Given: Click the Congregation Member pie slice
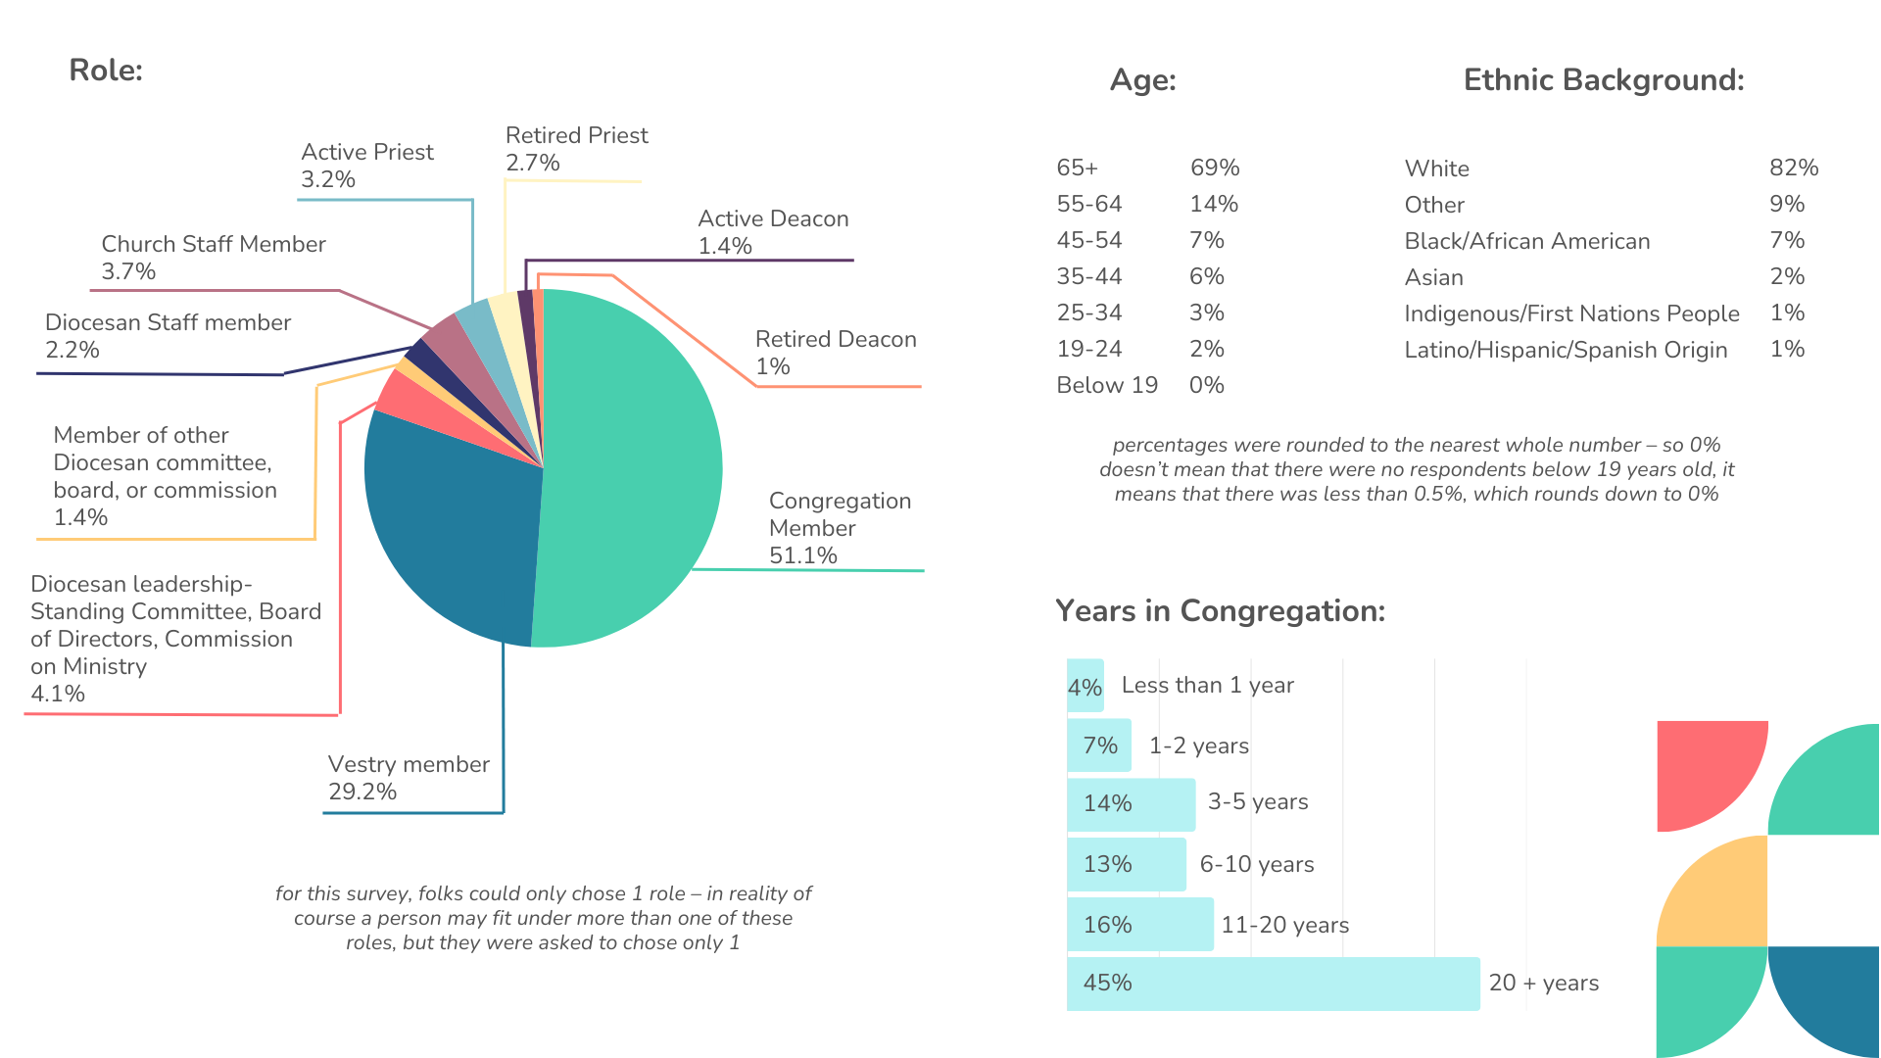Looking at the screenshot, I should coord(627,470).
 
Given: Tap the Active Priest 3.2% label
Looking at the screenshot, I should coord(366,166).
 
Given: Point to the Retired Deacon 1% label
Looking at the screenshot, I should coord(835,353).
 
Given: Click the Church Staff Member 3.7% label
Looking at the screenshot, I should coord(213,258).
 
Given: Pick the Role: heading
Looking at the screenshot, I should coord(106,71).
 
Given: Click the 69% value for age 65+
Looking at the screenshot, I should coord(1215,168).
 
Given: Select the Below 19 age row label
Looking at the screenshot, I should coord(1106,385).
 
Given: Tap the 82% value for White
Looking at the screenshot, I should coord(1793,168).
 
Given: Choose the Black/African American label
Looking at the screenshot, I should coord(1526,241).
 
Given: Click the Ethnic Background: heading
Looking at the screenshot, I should coord(1603,80).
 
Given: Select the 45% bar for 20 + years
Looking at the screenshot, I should coord(1273,984).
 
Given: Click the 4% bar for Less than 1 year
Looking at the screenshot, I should coord(1085,686).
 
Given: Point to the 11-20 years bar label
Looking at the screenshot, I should coord(1284,925).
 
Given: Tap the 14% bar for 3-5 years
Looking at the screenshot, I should coord(1131,804).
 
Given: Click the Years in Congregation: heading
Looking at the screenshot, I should coord(1220,611).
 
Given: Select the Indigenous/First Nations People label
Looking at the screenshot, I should coord(1571,313).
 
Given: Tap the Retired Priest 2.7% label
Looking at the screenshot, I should coord(576,149).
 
